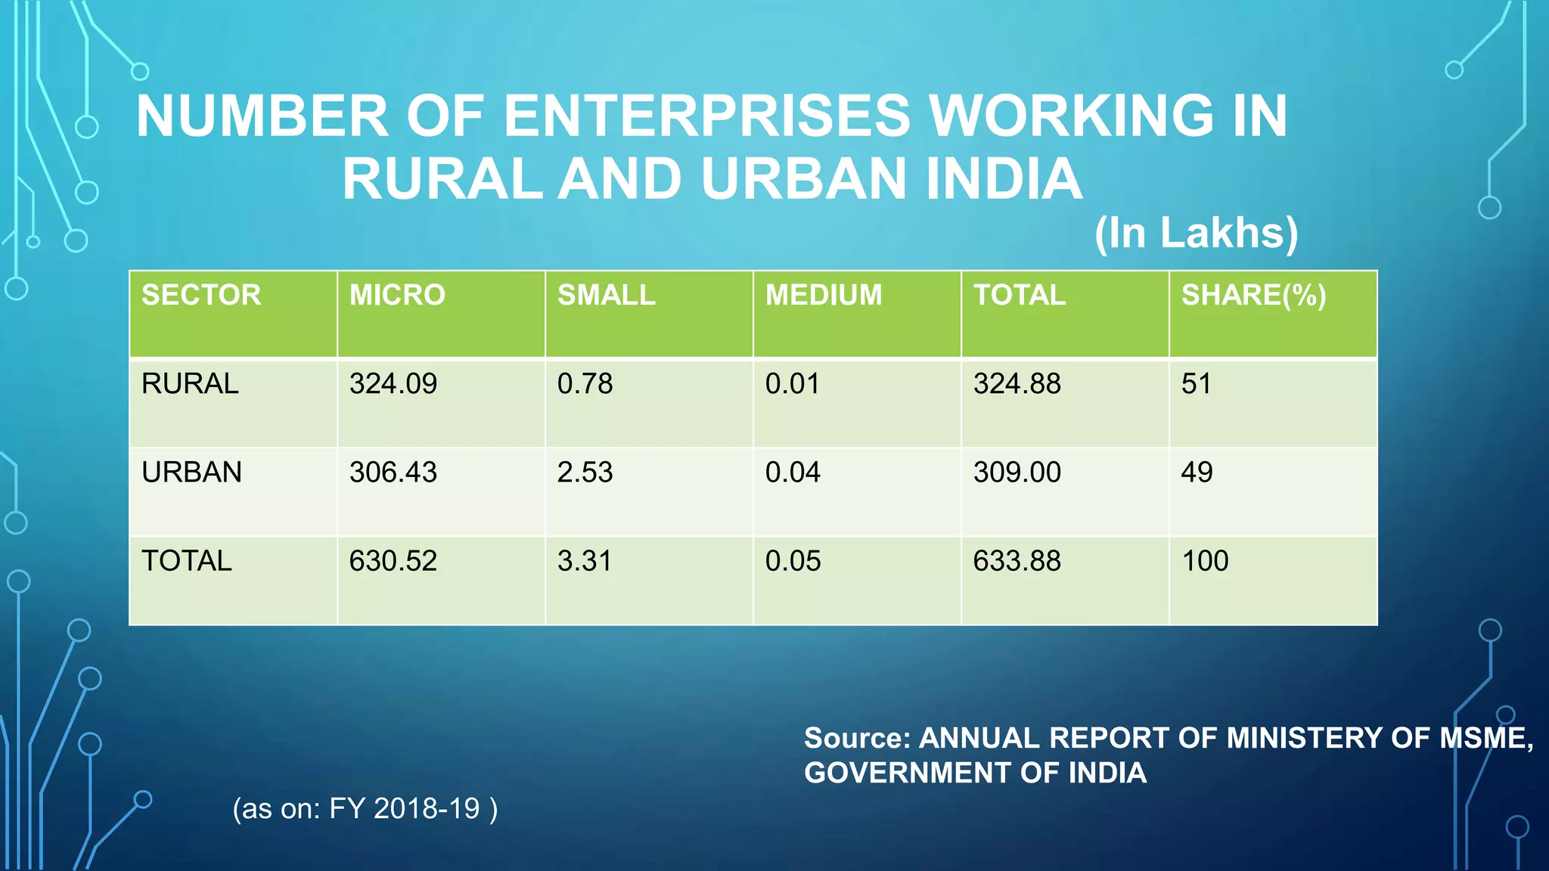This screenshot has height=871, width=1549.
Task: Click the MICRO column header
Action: [x=397, y=295]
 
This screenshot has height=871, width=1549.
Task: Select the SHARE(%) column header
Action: [x=1253, y=295]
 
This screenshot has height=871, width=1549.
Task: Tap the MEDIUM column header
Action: [x=823, y=295]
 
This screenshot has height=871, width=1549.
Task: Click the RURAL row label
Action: [x=190, y=384]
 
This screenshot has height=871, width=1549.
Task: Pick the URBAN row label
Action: [x=191, y=473]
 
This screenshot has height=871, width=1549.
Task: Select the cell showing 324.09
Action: [x=393, y=384]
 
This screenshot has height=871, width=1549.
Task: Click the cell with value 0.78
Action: [x=585, y=384]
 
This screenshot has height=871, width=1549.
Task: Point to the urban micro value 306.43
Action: [x=393, y=473]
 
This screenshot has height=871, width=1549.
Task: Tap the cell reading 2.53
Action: [x=585, y=473]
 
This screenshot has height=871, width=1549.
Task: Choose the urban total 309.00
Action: [x=1017, y=473]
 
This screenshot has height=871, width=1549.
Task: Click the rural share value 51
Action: [x=1196, y=384]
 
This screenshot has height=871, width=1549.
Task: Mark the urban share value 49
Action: [x=1197, y=473]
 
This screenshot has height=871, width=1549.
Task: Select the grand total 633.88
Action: [x=1017, y=561]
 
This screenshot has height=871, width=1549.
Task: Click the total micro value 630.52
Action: [x=393, y=561]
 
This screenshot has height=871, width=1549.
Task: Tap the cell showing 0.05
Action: [x=793, y=561]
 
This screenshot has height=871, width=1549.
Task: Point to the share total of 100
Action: [x=1205, y=561]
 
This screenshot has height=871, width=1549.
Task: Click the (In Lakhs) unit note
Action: [x=1196, y=233]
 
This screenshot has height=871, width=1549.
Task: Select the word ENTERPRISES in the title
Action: [x=706, y=116]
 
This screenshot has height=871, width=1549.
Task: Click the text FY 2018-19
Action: [x=404, y=809]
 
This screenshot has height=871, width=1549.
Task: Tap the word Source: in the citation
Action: [x=856, y=738]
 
